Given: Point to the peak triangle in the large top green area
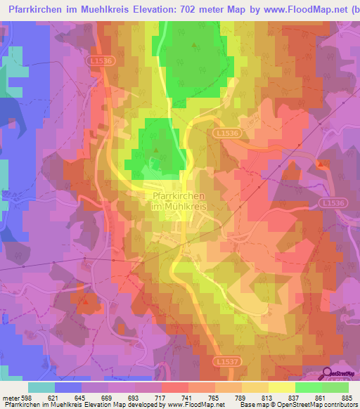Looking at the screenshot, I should coord(195,44).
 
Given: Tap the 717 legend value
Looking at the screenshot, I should coord(161,398).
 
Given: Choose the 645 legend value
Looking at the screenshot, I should coord(81,398).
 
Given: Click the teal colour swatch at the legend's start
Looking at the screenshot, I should coord(41,387).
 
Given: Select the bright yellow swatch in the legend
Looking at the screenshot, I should coord(281,387).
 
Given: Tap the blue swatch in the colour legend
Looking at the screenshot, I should coord(68,387).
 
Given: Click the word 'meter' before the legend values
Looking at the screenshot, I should coord(11,398).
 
